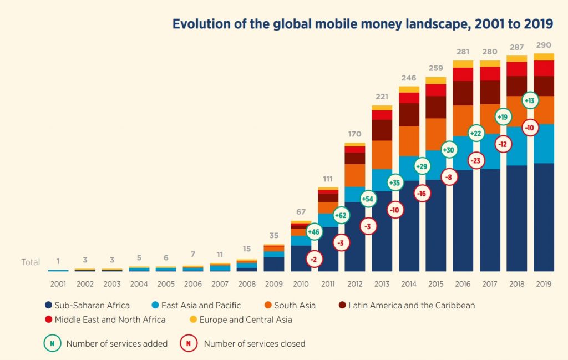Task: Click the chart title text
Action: click(x=362, y=24)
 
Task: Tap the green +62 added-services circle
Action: click(x=341, y=215)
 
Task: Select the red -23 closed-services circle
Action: click(x=476, y=160)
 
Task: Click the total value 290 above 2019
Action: click(x=544, y=44)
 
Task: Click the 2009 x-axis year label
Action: click(x=273, y=284)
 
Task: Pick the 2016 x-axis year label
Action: click(x=463, y=284)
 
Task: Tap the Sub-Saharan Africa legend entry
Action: click(x=87, y=305)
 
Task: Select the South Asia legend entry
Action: click(x=288, y=305)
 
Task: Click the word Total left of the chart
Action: click(x=31, y=262)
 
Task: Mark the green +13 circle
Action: click(x=530, y=101)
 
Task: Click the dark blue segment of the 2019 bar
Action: click(x=544, y=216)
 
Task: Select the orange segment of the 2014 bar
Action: click(x=409, y=141)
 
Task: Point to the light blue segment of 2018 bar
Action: click(x=516, y=146)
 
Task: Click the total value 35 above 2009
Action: click(x=273, y=235)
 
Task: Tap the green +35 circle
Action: click(x=395, y=182)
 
